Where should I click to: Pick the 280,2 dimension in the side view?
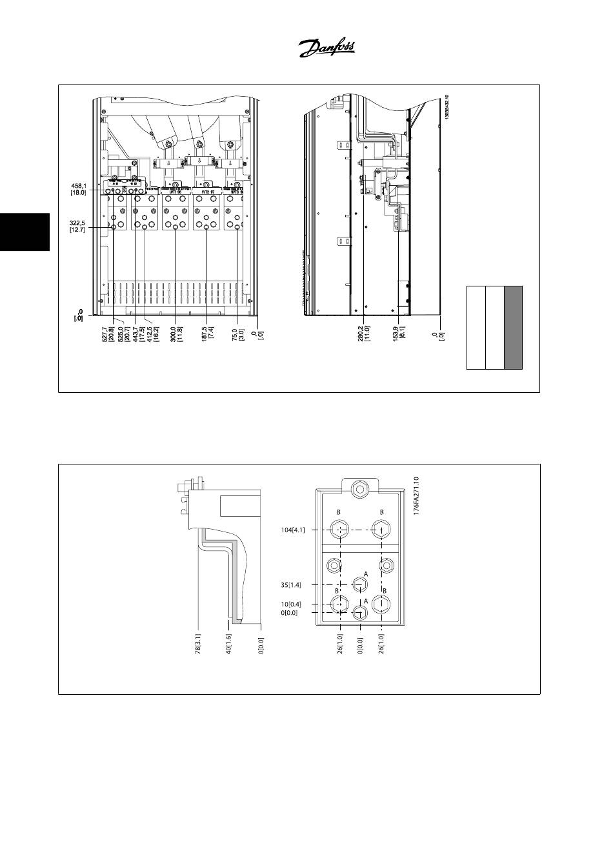tap(362, 338)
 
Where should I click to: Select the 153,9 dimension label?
tap(397, 338)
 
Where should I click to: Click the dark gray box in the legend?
tap(513, 327)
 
